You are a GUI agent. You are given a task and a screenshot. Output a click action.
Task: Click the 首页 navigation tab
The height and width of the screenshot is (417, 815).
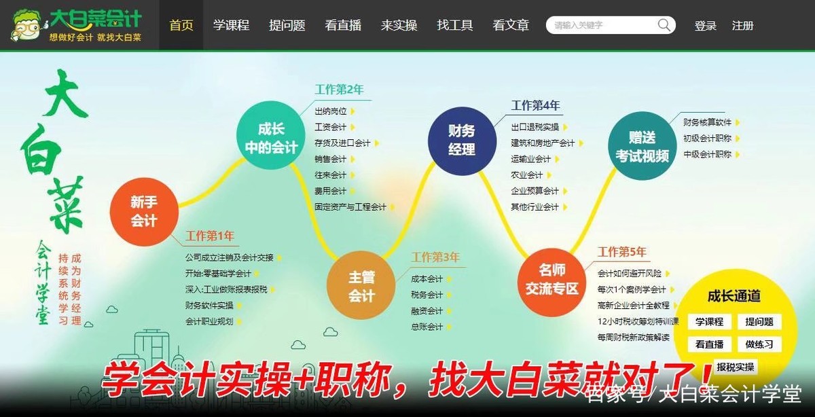(x=181, y=26)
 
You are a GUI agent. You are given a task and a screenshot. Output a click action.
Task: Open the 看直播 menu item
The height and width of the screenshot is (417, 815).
(x=343, y=26)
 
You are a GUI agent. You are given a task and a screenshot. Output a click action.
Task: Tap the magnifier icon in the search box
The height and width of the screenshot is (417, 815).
(x=664, y=26)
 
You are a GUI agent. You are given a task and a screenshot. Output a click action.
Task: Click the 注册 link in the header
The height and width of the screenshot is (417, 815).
(x=742, y=26)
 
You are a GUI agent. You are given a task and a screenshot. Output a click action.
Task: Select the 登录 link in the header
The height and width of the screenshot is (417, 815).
(x=706, y=26)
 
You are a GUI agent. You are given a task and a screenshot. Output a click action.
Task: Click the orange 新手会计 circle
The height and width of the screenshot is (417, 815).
(x=144, y=211)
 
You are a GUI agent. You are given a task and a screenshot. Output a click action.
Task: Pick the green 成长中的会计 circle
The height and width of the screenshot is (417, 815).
(x=270, y=138)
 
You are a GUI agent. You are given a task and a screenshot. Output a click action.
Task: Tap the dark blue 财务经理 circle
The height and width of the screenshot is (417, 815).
(x=461, y=140)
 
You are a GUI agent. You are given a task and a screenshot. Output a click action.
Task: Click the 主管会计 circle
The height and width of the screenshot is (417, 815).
(x=361, y=286)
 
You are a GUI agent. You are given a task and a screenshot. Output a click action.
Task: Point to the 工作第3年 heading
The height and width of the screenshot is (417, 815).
(x=435, y=257)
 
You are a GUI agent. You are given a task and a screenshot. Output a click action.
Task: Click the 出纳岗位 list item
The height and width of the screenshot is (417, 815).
(x=331, y=111)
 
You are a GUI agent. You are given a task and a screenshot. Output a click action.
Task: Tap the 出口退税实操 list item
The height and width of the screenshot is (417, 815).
(x=535, y=127)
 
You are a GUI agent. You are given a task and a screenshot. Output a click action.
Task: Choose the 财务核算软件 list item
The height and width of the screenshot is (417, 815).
(x=707, y=122)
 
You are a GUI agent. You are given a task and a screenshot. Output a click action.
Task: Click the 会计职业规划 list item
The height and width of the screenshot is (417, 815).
(x=209, y=321)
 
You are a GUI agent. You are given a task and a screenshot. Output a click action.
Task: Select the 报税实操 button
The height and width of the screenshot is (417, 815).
(x=735, y=367)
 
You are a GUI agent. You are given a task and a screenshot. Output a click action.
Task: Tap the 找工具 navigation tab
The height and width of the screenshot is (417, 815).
(x=455, y=26)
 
